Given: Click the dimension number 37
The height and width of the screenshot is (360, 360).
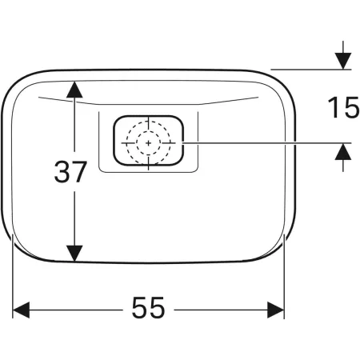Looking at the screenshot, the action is (x=70, y=171).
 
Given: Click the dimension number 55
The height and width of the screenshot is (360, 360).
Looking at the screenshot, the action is (x=148, y=308).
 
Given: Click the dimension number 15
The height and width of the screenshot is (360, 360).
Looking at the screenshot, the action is (x=344, y=107).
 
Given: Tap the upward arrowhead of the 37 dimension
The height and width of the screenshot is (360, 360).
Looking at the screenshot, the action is (x=74, y=90).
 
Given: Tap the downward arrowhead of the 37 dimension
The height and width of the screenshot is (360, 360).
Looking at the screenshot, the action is (x=74, y=253).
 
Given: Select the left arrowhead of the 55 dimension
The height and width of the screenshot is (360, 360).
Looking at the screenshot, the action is (x=21, y=310).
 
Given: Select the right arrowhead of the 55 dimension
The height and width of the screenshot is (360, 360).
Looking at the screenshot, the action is (x=276, y=310).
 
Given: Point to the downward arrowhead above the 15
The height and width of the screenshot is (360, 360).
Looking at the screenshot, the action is (x=343, y=61).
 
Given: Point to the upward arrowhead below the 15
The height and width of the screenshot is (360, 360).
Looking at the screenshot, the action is (x=343, y=151).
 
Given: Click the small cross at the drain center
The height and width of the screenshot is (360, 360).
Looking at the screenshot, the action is (x=148, y=143).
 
